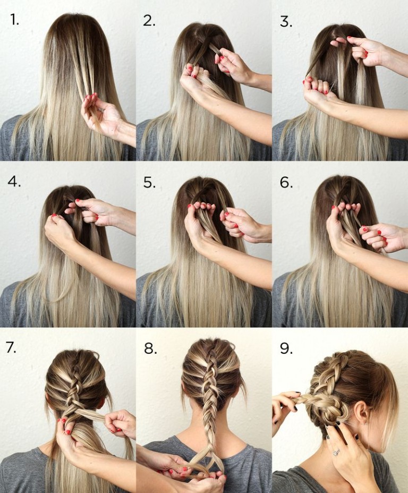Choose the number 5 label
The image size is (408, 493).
[149, 182]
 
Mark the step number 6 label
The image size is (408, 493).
[286, 182]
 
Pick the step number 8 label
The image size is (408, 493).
[150, 348]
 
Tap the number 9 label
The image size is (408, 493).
[286, 348]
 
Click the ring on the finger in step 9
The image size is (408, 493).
[336, 452]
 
